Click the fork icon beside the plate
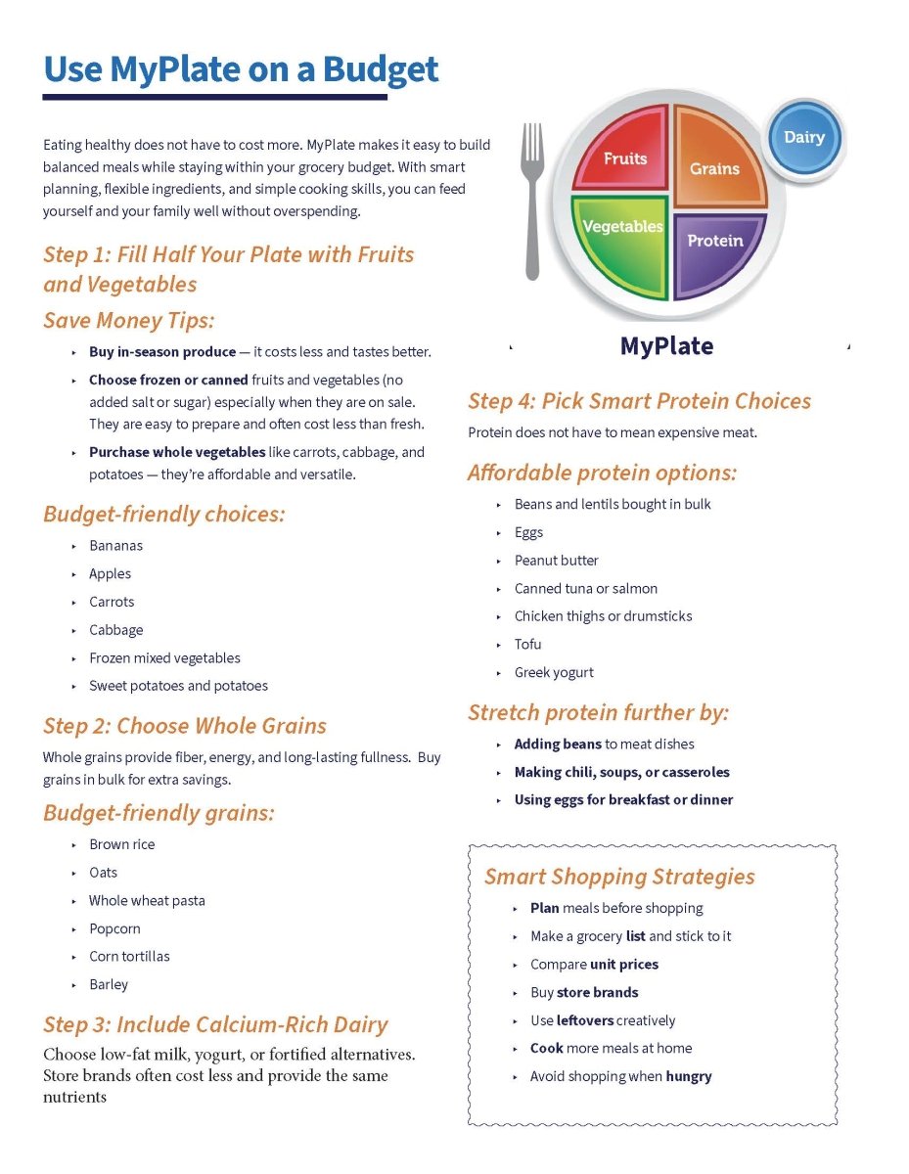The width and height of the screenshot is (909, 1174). click(x=533, y=201)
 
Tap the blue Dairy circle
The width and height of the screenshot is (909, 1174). click(x=803, y=138)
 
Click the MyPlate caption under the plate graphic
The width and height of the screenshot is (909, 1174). click(x=666, y=346)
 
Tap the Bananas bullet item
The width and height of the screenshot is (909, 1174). click(x=115, y=545)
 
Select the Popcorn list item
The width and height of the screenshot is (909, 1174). click(x=114, y=928)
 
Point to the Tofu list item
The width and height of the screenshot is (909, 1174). click(x=527, y=644)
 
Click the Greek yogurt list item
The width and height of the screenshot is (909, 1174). click(x=554, y=672)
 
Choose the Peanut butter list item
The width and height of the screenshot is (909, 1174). click(x=556, y=561)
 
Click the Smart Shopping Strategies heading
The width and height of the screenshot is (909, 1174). click(x=619, y=876)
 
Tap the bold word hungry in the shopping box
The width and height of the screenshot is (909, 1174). click(x=689, y=1076)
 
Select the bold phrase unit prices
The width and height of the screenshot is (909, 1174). click(x=623, y=964)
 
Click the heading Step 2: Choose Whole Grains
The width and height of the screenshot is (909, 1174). click(x=185, y=726)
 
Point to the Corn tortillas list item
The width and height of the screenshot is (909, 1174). click(x=129, y=956)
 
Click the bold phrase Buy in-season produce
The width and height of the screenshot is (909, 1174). click(x=162, y=351)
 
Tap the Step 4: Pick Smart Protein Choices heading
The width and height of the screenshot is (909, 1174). click(x=639, y=401)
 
